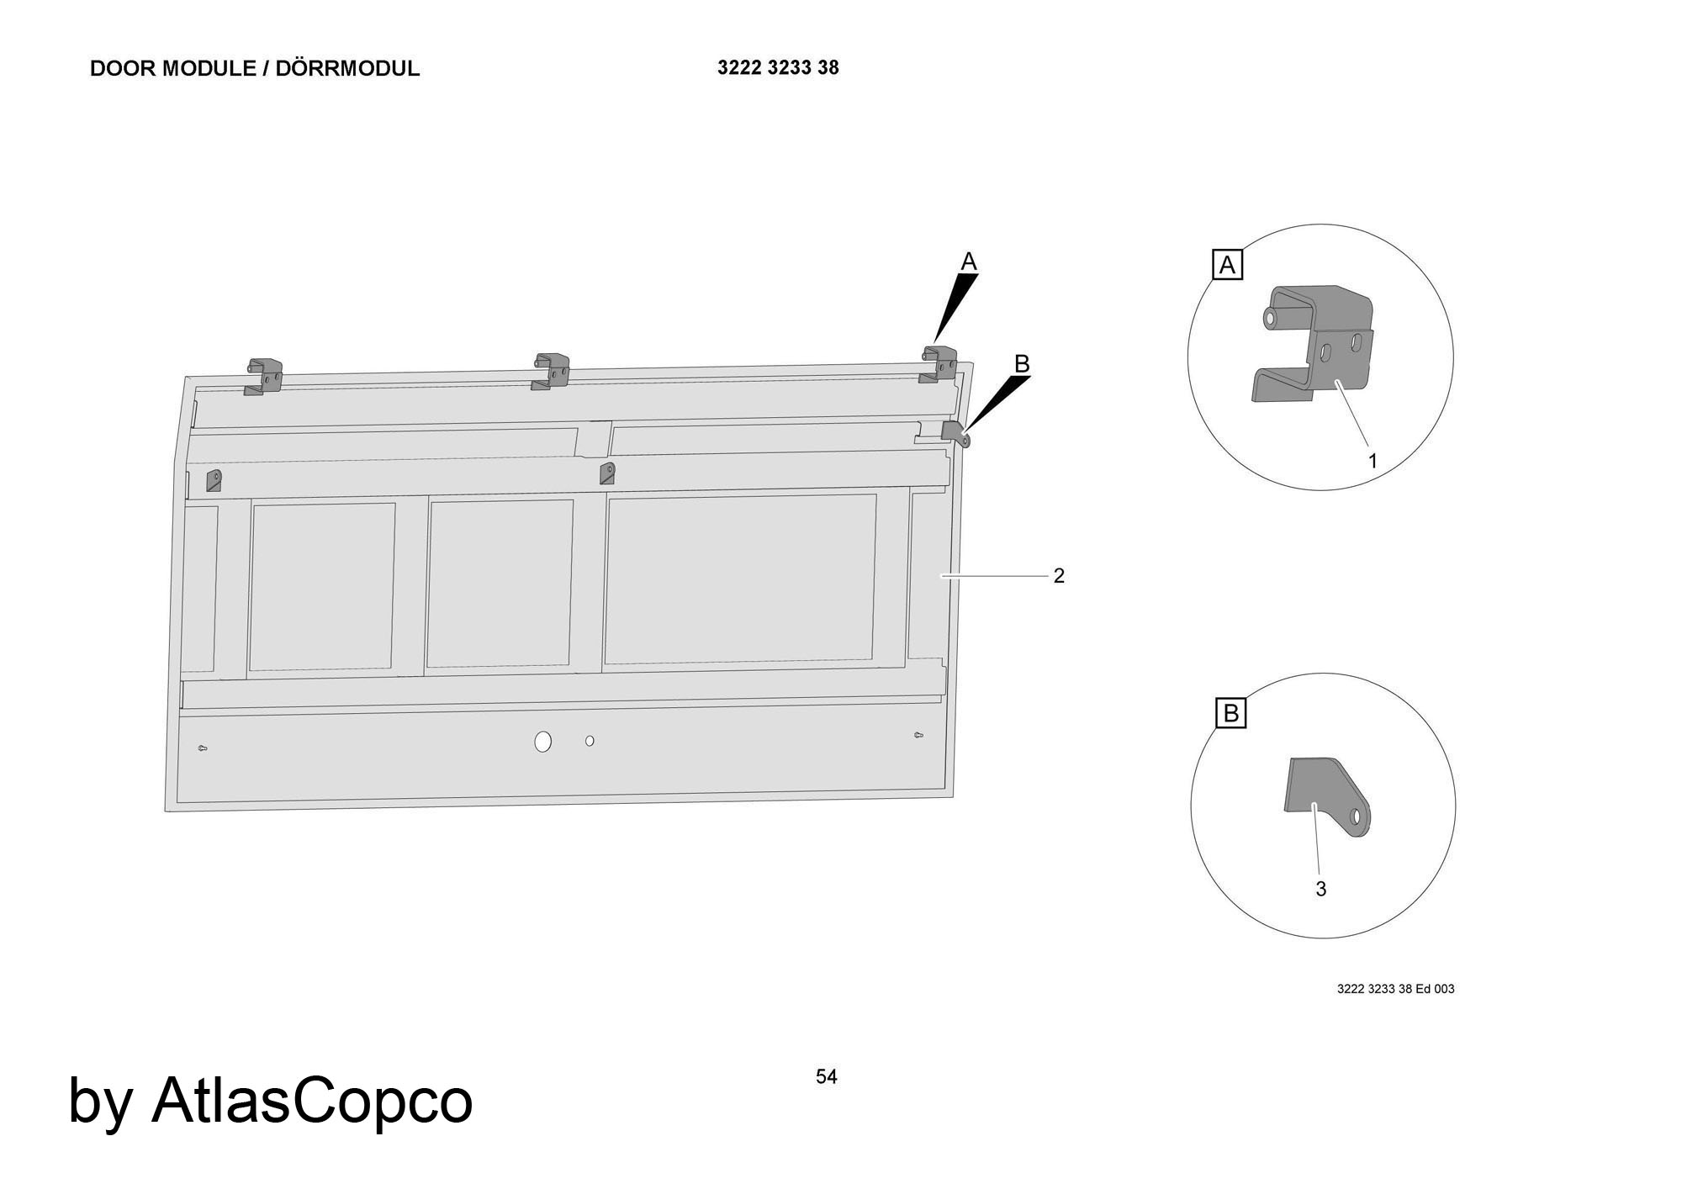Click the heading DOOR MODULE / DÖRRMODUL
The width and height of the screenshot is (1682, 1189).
255,69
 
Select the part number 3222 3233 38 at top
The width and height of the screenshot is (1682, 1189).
778,68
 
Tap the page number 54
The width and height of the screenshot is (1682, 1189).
827,1076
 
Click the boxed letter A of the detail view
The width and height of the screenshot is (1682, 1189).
1227,266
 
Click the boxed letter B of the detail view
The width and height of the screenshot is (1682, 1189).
1231,714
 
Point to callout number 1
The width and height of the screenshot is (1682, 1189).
1373,461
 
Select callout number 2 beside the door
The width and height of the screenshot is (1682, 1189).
1059,576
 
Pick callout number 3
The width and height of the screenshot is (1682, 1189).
1321,889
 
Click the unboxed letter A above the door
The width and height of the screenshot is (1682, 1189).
969,262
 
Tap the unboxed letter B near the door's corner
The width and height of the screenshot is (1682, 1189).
1022,364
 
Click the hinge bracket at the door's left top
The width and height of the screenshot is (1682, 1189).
262,378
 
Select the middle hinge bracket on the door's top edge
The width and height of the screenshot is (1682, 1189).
550,373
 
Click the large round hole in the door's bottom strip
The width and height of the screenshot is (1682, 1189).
543,742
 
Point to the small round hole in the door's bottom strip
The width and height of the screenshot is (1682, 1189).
590,741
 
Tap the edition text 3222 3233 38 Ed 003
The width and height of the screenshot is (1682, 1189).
1395,989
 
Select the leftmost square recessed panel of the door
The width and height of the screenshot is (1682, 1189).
322,587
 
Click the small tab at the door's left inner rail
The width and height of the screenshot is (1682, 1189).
214,480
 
